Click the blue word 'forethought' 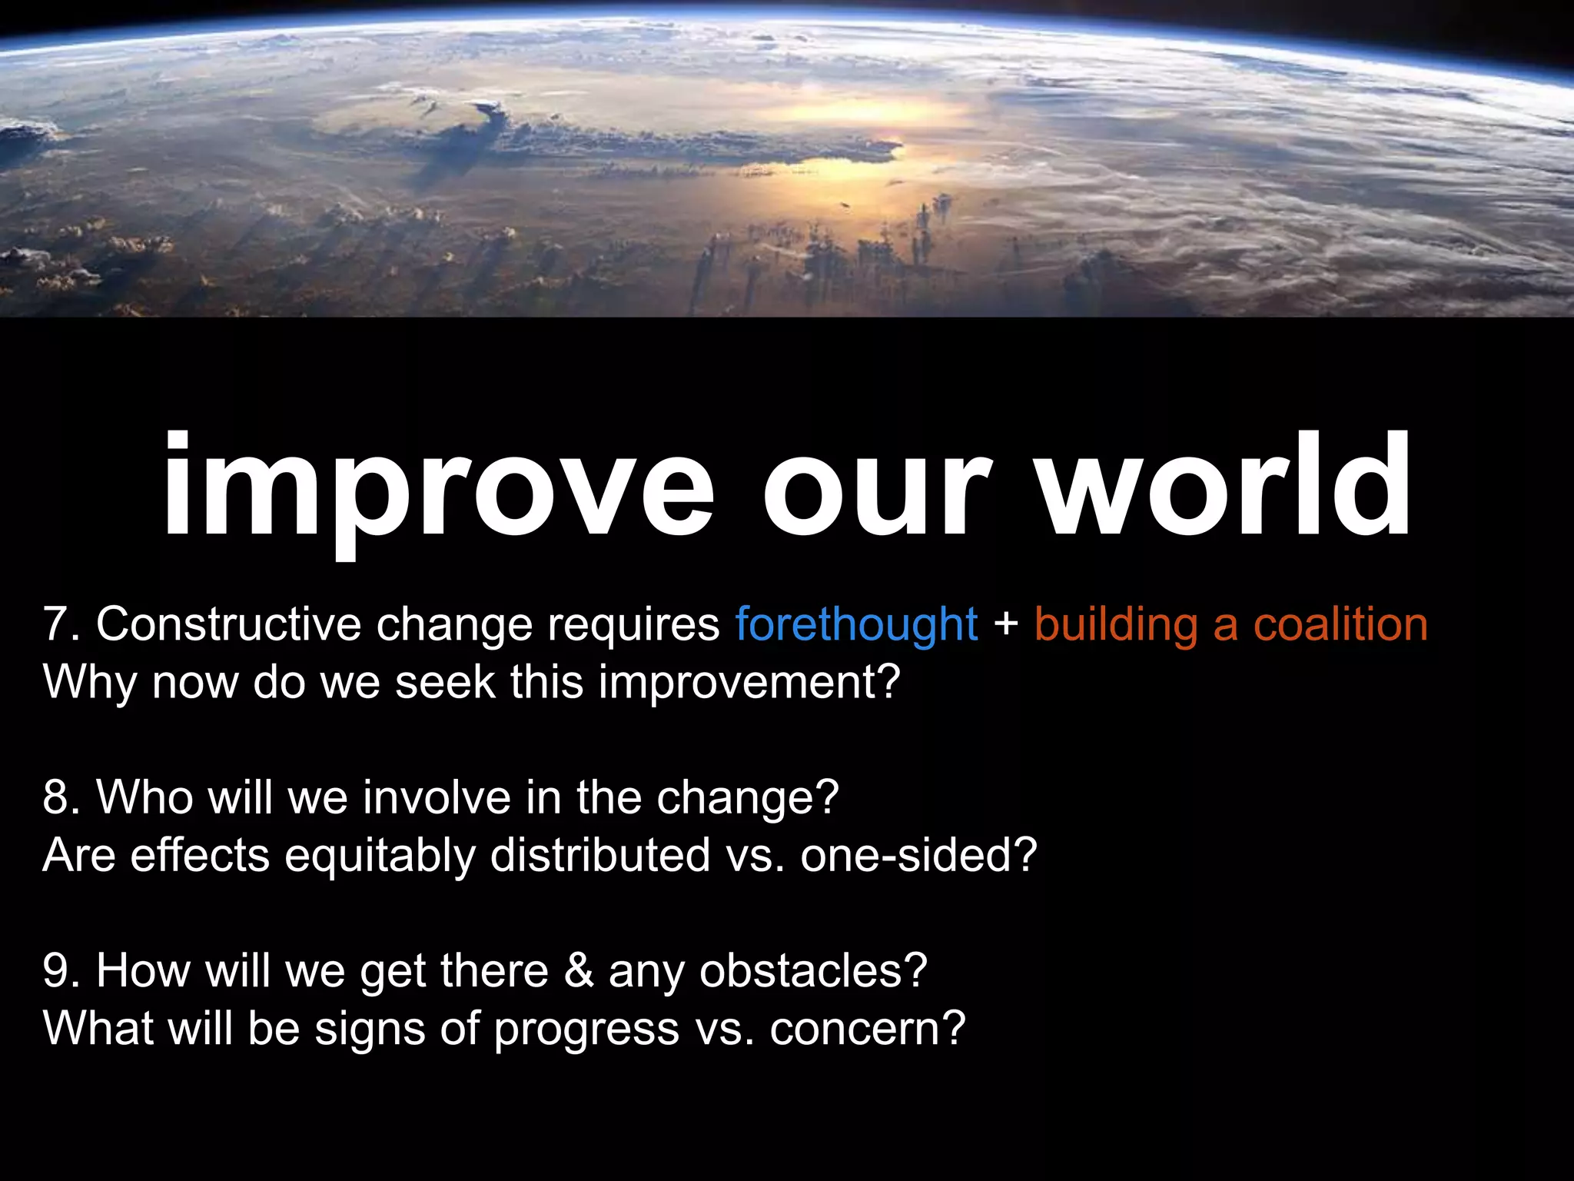[x=856, y=624]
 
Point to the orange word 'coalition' [x=1340, y=624]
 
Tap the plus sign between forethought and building [x=1005, y=625]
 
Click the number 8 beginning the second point [x=57, y=797]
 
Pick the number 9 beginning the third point [x=57, y=970]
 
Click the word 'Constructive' [x=228, y=624]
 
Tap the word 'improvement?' [x=749, y=683]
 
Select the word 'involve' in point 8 [x=437, y=797]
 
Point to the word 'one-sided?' [x=918, y=855]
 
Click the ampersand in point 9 [x=579, y=970]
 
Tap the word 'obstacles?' [x=813, y=970]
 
